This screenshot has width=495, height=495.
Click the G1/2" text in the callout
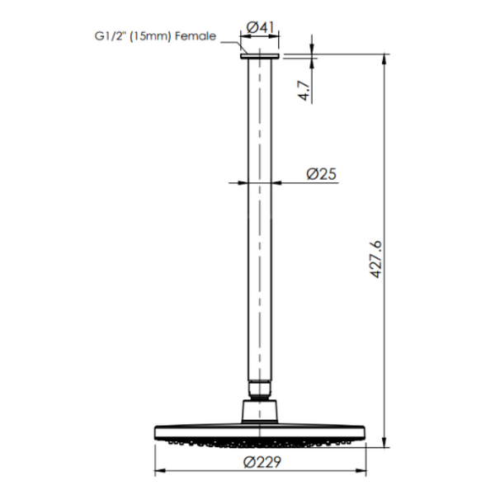click(x=110, y=36)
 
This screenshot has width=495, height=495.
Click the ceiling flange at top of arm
click(x=261, y=56)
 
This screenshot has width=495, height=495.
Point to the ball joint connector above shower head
click(x=261, y=409)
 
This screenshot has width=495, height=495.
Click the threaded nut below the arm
click(x=261, y=389)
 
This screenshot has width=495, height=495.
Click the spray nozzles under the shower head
click(x=261, y=443)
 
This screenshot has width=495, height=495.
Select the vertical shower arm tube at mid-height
click(x=261, y=247)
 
